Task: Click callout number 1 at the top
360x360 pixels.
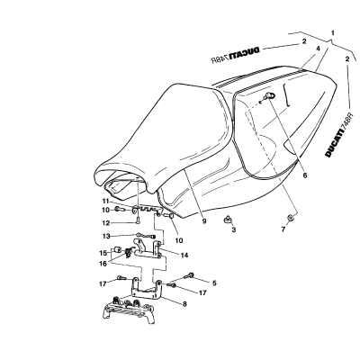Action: [332, 32]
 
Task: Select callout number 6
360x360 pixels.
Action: [305, 175]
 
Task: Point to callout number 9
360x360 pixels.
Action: [204, 221]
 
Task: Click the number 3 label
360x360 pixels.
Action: [233, 230]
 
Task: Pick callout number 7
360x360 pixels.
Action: [283, 229]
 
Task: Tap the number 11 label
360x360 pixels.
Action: [104, 201]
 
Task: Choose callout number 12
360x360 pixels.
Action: [105, 223]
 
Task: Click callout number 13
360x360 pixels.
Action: [105, 236]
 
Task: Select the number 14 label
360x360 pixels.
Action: [184, 256]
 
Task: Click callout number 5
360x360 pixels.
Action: [214, 283]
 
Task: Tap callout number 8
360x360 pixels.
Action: [184, 304]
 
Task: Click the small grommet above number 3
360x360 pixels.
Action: [227, 219]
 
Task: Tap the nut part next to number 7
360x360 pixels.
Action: [290, 217]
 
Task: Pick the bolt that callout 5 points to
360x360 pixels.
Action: [190, 274]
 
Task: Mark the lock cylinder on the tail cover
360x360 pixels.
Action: [270, 96]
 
